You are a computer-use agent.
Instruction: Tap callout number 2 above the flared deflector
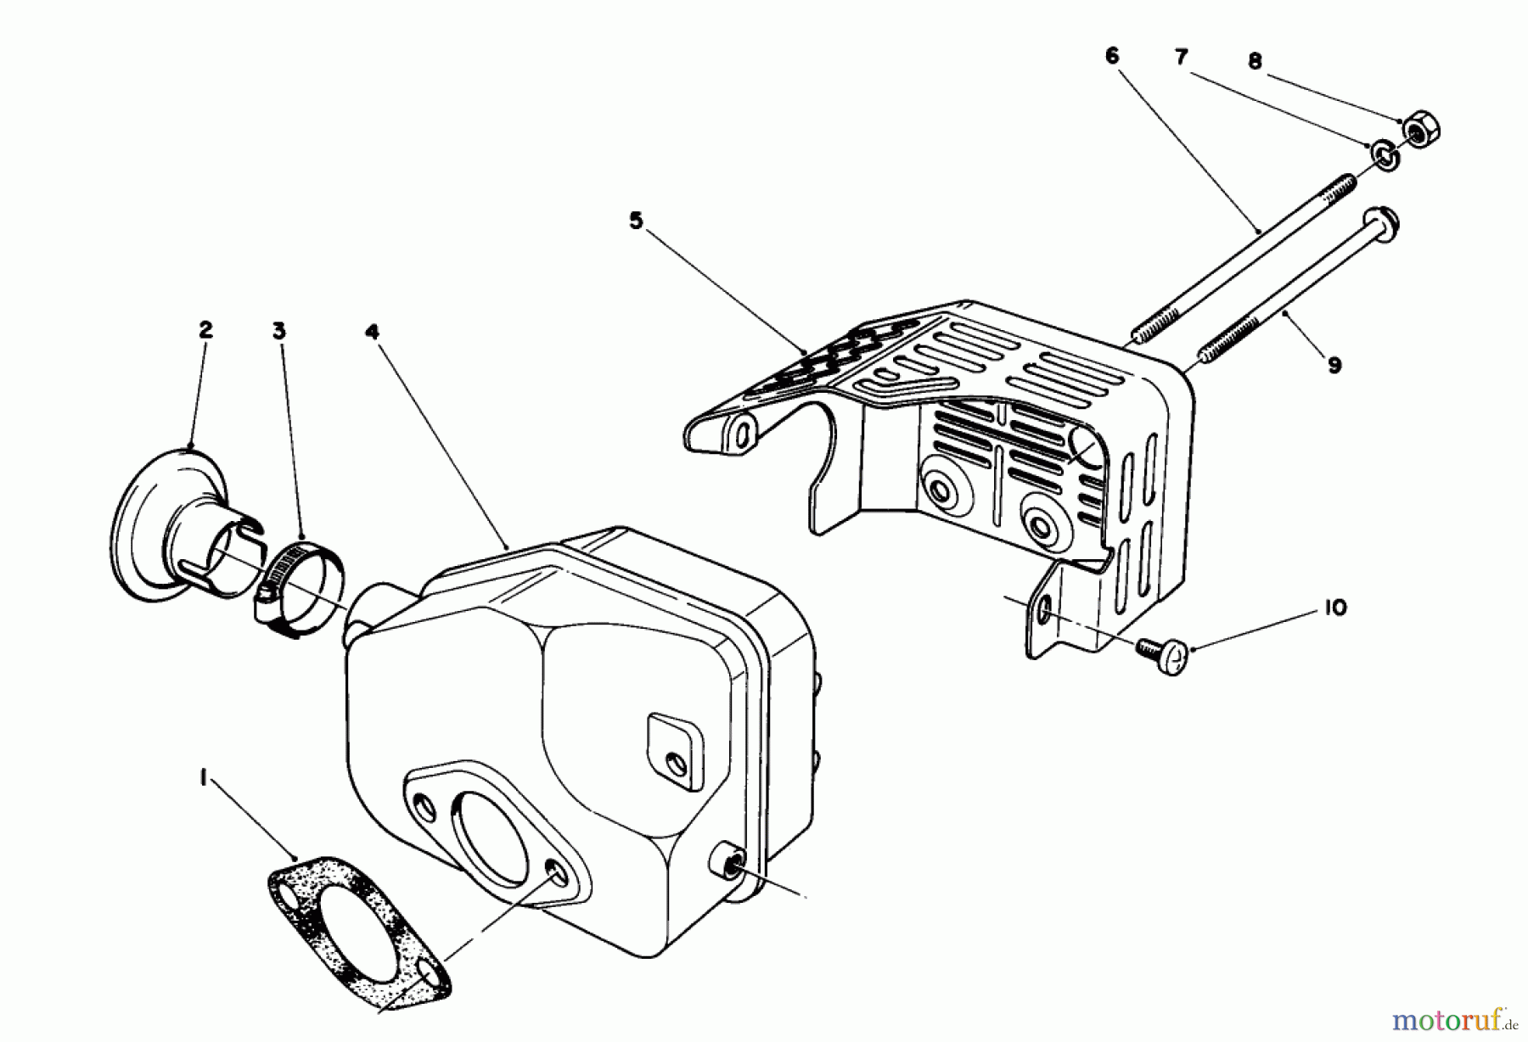pyautogui.click(x=205, y=331)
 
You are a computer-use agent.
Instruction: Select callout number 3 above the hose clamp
pyautogui.click(x=279, y=331)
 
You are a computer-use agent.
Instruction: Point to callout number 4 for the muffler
pyautogui.click(x=371, y=331)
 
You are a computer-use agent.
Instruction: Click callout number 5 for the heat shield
pyautogui.click(x=637, y=222)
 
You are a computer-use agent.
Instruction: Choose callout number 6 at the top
pyautogui.click(x=1112, y=56)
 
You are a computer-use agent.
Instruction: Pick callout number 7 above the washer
pyautogui.click(x=1182, y=58)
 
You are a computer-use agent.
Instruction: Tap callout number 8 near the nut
pyautogui.click(x=1255, y=61)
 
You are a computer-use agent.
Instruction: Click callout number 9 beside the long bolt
pyautogui.click(x=1334, y=366)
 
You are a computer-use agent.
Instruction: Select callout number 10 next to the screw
pyautogui.click(x=1335, y=608)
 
